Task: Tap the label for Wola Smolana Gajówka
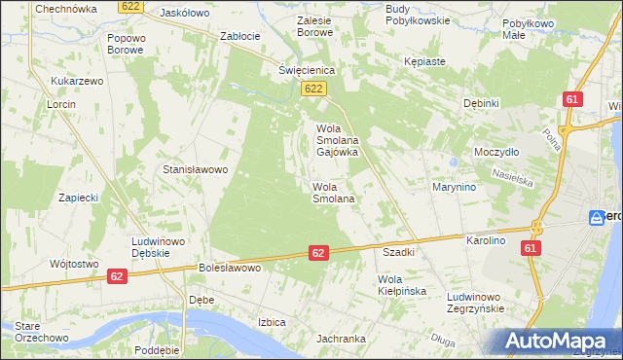point(338,140)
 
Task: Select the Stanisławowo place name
point(195,169)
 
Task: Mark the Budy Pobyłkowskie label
point(418,14)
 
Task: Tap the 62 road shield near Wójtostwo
point(117,276)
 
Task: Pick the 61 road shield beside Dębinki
point(571,99)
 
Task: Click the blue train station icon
point(596,218)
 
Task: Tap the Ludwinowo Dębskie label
point(159,245)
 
